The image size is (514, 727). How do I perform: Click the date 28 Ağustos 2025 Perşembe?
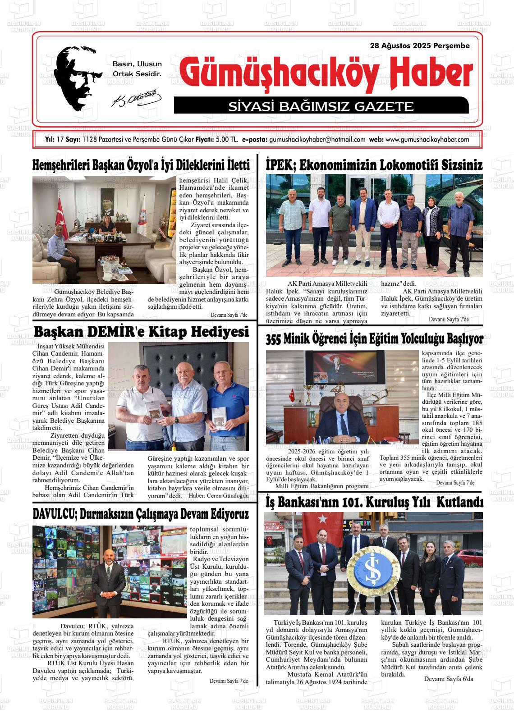point(419,46)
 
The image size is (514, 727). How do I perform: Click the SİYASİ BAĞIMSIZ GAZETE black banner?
point(321,106)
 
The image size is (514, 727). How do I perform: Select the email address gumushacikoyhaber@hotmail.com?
point(317,140)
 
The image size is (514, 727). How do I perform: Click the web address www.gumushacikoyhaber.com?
point(427,140)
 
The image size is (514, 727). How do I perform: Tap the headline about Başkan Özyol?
point(141,165)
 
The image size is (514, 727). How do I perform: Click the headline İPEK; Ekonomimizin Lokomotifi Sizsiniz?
point(374,165)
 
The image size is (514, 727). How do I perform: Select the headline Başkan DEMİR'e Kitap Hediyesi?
point(141,332)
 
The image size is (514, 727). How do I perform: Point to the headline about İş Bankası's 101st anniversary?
point(374,502)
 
